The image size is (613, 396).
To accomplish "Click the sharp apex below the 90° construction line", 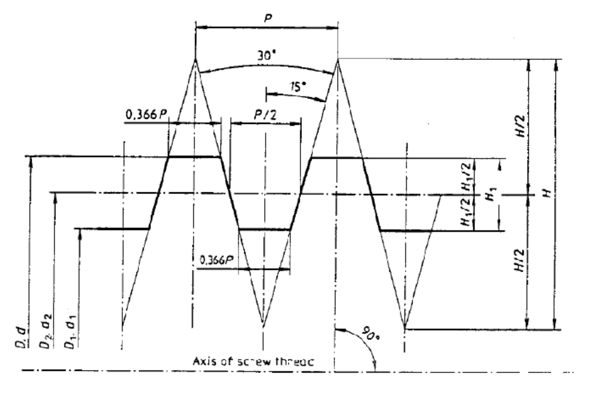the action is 405,327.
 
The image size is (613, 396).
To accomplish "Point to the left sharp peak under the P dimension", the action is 195,58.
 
